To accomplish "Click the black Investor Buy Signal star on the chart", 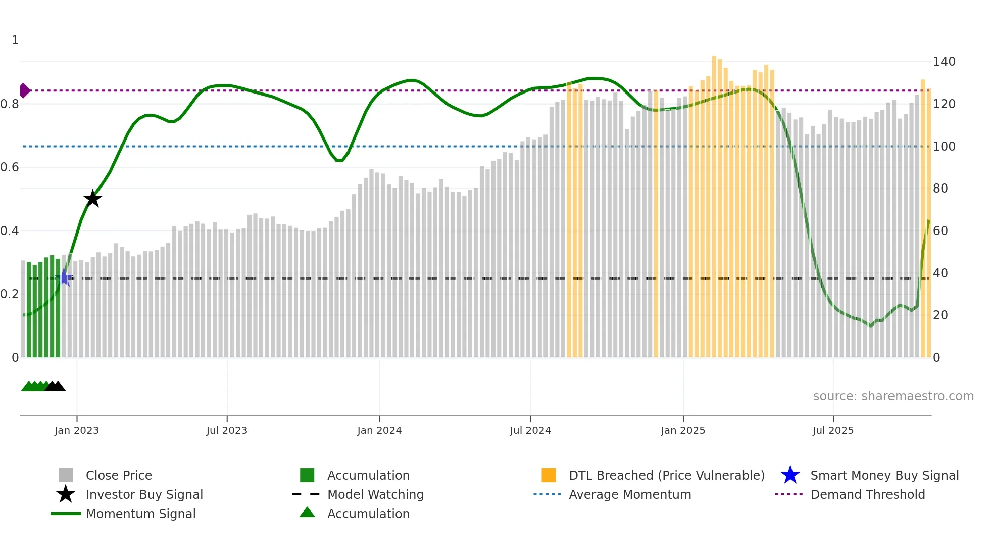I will (x=92, y=199).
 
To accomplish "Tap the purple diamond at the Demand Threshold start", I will (x=24, y=90).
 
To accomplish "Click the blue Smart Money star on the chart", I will (x=65, y=277).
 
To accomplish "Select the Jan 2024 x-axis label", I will (x=379, y=430).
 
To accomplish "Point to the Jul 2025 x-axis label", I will (x=833, y=430).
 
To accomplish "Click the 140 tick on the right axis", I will (x=944, y=62).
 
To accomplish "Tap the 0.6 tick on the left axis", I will (x=10, y=167).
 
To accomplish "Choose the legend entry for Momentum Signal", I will (x=140, y=514).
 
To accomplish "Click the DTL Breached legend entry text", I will (x=666, y=475).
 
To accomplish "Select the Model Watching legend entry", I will (x=375, y=494).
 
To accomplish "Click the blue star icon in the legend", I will (x=790, y=475).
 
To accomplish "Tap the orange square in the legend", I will (x=549, y=475).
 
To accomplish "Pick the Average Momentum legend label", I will (x=630, y=494).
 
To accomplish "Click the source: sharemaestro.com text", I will (x=893, y=396).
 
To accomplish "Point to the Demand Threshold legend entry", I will (x=867, y=494).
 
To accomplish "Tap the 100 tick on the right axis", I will (x=944, y=147).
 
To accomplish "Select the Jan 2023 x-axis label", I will (x=77, y=430).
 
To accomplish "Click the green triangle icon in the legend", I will (x=307, y=513).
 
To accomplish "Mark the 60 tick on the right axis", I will (x=940, y=231).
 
